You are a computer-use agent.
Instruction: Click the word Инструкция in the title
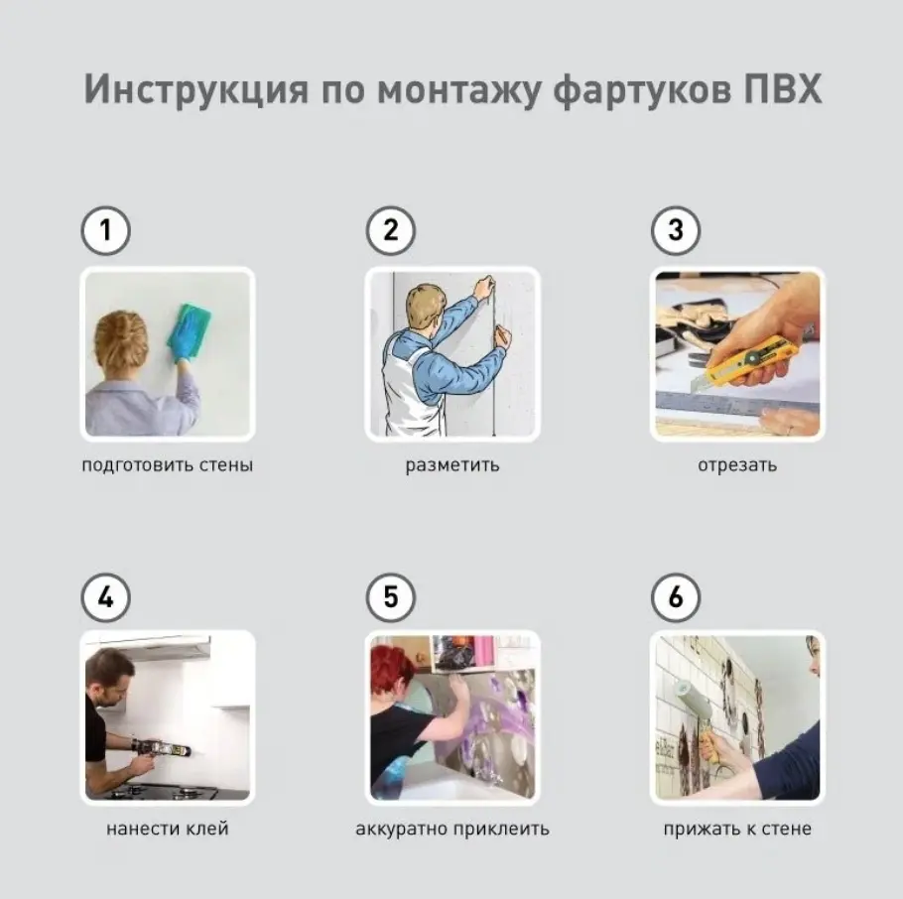(196, 90)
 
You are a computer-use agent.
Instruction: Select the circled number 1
(105, 230)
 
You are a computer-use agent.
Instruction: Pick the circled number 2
(390, 230)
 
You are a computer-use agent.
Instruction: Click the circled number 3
(676, 230)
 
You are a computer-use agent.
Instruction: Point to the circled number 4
(105, 597)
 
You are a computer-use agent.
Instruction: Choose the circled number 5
(390, 597)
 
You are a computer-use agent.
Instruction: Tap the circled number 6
(676, 597)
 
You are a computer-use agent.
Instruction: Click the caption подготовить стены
(167, 464)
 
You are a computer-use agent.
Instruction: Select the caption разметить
(452, 464)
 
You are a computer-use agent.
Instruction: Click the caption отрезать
(737, 464)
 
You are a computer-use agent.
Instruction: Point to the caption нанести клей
(167, 829)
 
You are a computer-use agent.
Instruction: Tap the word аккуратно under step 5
(402, 830)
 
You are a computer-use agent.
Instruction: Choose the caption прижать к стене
(737, 830)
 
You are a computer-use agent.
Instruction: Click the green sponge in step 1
(191, 327)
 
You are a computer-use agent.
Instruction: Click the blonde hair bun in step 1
(121, 339)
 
